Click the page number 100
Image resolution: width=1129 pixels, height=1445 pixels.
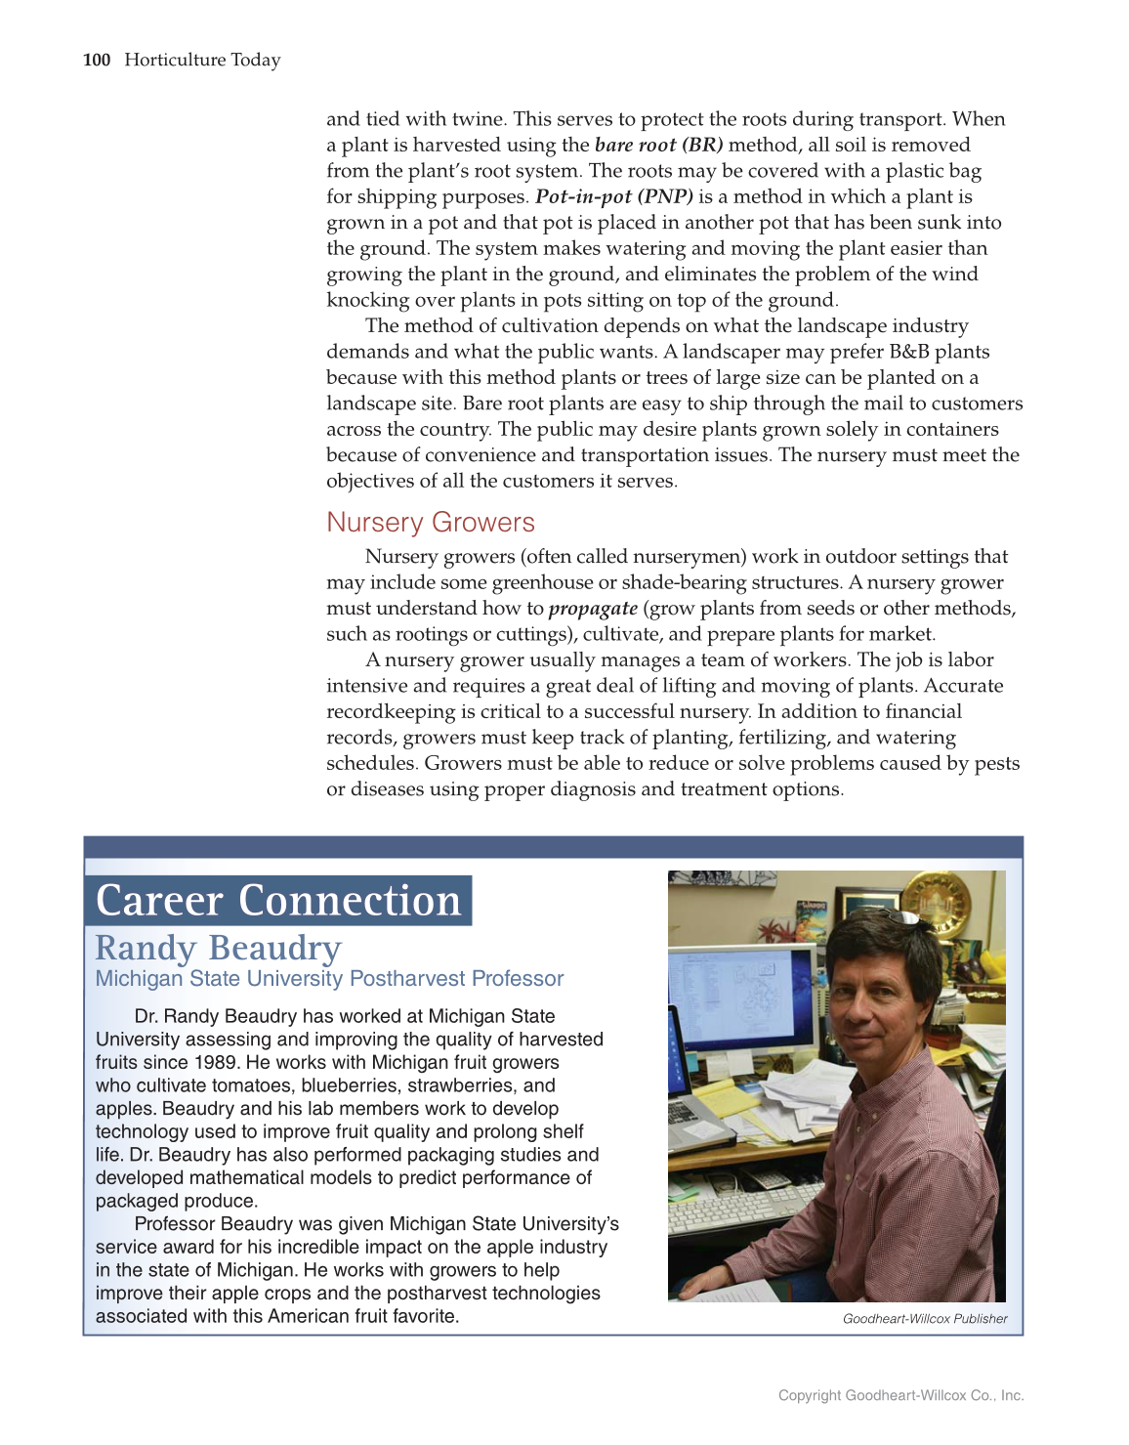tap(97, 60)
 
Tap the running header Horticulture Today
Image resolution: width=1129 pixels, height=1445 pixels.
tap(202, 60)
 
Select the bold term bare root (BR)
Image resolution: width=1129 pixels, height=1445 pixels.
tap(658, 145)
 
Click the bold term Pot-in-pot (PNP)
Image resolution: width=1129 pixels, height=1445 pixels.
tap(614, 196)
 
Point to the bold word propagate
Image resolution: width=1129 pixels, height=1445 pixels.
tap(593, 609)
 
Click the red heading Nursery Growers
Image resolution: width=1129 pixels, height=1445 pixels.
tap(431, 523)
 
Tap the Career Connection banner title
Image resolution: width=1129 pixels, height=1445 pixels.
tap(278, 901)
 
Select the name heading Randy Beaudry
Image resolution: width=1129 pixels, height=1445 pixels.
tap(218, 948)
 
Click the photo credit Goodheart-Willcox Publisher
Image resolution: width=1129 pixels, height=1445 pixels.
tap(925, 1319)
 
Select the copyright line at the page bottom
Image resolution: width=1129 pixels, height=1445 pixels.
tap(900, 1395)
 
